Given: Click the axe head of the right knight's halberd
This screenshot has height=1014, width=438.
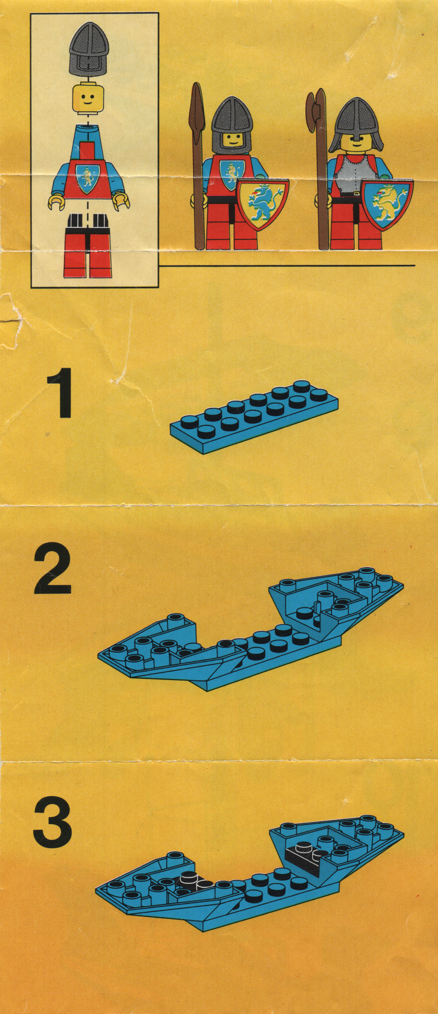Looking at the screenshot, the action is coord(311,112).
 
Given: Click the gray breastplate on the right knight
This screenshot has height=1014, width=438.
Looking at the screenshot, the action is coord(353,174).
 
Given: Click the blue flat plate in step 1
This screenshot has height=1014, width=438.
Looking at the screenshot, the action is coord(253,417).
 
